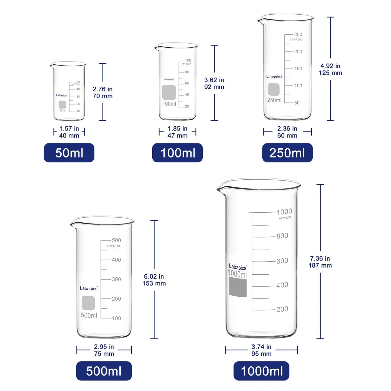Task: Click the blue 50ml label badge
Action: (x=69, y=153)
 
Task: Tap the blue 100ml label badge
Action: (x=178, y=153)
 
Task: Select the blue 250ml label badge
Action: (x=287, y=153)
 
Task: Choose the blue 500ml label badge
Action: (x=104, y=371)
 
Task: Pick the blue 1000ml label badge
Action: (x=261, y=371)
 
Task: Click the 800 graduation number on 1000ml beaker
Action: (x=282, y=236)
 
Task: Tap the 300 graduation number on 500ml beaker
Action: (x=116, y=279)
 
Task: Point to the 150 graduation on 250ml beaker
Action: (x=298, y=69)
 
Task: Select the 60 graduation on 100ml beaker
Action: (x=187, y=83)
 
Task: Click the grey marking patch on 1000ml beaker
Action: (x=238, y=288)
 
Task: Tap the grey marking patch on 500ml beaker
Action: (x=88, y=303)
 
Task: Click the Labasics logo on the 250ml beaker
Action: (x=274, y=77)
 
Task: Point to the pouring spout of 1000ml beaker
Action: (x=220, y=188)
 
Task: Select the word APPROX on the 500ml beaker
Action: (x=113, y=246)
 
